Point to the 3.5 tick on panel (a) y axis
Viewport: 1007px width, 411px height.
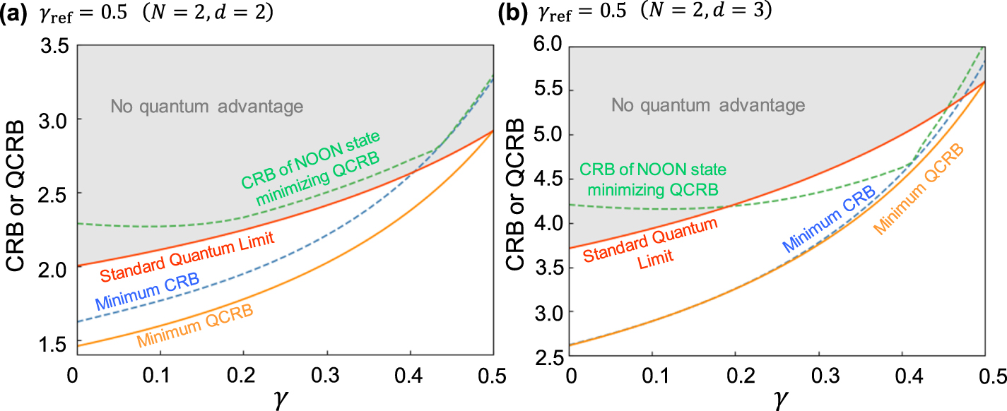[57, 46]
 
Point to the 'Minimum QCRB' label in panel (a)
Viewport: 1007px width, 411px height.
[196, 326]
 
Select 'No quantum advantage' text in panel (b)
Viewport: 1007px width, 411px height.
[708, 106]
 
